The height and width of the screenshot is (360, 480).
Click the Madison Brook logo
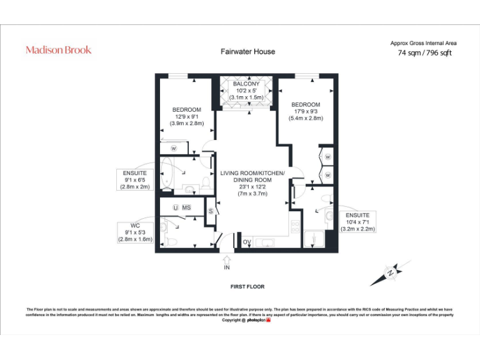pos(58,50)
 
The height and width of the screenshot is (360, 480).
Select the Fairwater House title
pos(247,51)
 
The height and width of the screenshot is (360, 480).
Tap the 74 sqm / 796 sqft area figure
pos(424,53)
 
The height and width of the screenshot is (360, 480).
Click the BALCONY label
pos(246,84)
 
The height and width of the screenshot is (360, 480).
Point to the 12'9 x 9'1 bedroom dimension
pos(187,116)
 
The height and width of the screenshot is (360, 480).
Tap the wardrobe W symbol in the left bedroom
pos(174,148)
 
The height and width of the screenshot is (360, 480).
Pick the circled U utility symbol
pos(176,207)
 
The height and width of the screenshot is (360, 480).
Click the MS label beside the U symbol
pos(186,207)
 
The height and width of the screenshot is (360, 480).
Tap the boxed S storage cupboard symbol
pos(211,211)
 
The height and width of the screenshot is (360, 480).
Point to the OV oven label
pos(246,242)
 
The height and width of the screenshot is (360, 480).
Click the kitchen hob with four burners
pos(296,226)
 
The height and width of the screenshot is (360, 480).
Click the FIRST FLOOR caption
pos(247,287)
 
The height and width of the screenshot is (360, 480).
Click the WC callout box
pos(135,232)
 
